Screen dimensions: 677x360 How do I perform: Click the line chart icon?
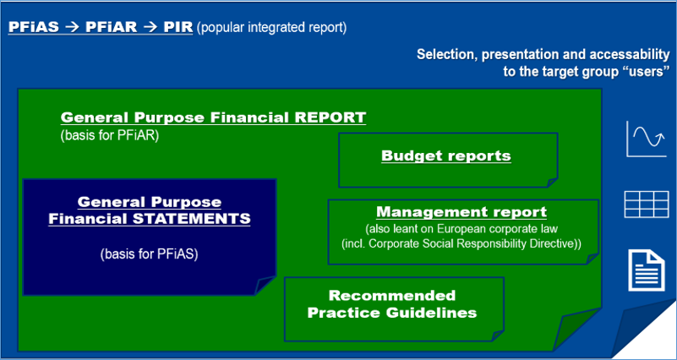tap(647, 139)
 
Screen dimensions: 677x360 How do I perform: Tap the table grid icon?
tap(647, 205)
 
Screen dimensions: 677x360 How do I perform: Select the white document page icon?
tap(647, 270)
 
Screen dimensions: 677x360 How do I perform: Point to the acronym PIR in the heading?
tap(177, 27)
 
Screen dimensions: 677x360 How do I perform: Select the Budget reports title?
tap(446, 155)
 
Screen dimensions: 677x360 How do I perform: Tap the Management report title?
tap(461, 212)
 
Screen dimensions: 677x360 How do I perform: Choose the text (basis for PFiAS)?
tap(149, 254)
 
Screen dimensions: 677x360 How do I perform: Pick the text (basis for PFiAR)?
tap(110, 135)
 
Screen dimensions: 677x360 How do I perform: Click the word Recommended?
tap(392, 296)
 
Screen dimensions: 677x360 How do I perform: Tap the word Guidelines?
tap(432, 313)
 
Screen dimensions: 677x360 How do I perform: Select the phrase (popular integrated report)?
tap(271, 28)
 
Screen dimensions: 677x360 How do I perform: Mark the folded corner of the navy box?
tap(265, 286)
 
